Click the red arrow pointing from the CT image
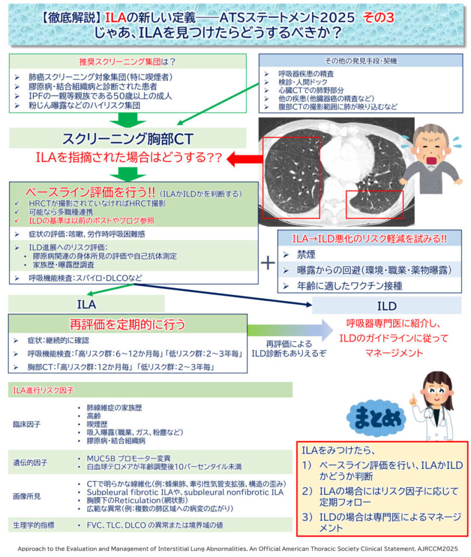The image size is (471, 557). tap(244, 159)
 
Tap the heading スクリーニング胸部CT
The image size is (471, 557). tap(128, 139)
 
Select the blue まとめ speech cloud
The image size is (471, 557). tap(376, 418)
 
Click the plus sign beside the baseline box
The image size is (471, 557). tap(268, 263)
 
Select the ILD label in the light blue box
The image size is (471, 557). tap(387, 306)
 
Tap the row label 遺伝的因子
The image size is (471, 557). tap(30, 462)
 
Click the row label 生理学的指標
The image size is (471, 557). tap(34, 525)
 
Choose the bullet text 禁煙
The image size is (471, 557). tap(306, 255)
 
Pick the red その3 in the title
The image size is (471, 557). tap(379, 17)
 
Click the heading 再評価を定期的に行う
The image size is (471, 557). tap(127, 324)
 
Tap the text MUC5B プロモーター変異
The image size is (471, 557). tap(129, 458)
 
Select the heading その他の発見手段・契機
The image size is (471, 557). tap(361, 61)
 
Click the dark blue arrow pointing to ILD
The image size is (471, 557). tap(223, 294)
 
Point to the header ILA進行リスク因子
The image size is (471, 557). tap(43, 391)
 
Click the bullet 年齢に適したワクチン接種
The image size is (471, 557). tap(349, 286)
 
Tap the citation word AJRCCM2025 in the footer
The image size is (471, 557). tap(437, 548)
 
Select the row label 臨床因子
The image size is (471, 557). tap(27, 424)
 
